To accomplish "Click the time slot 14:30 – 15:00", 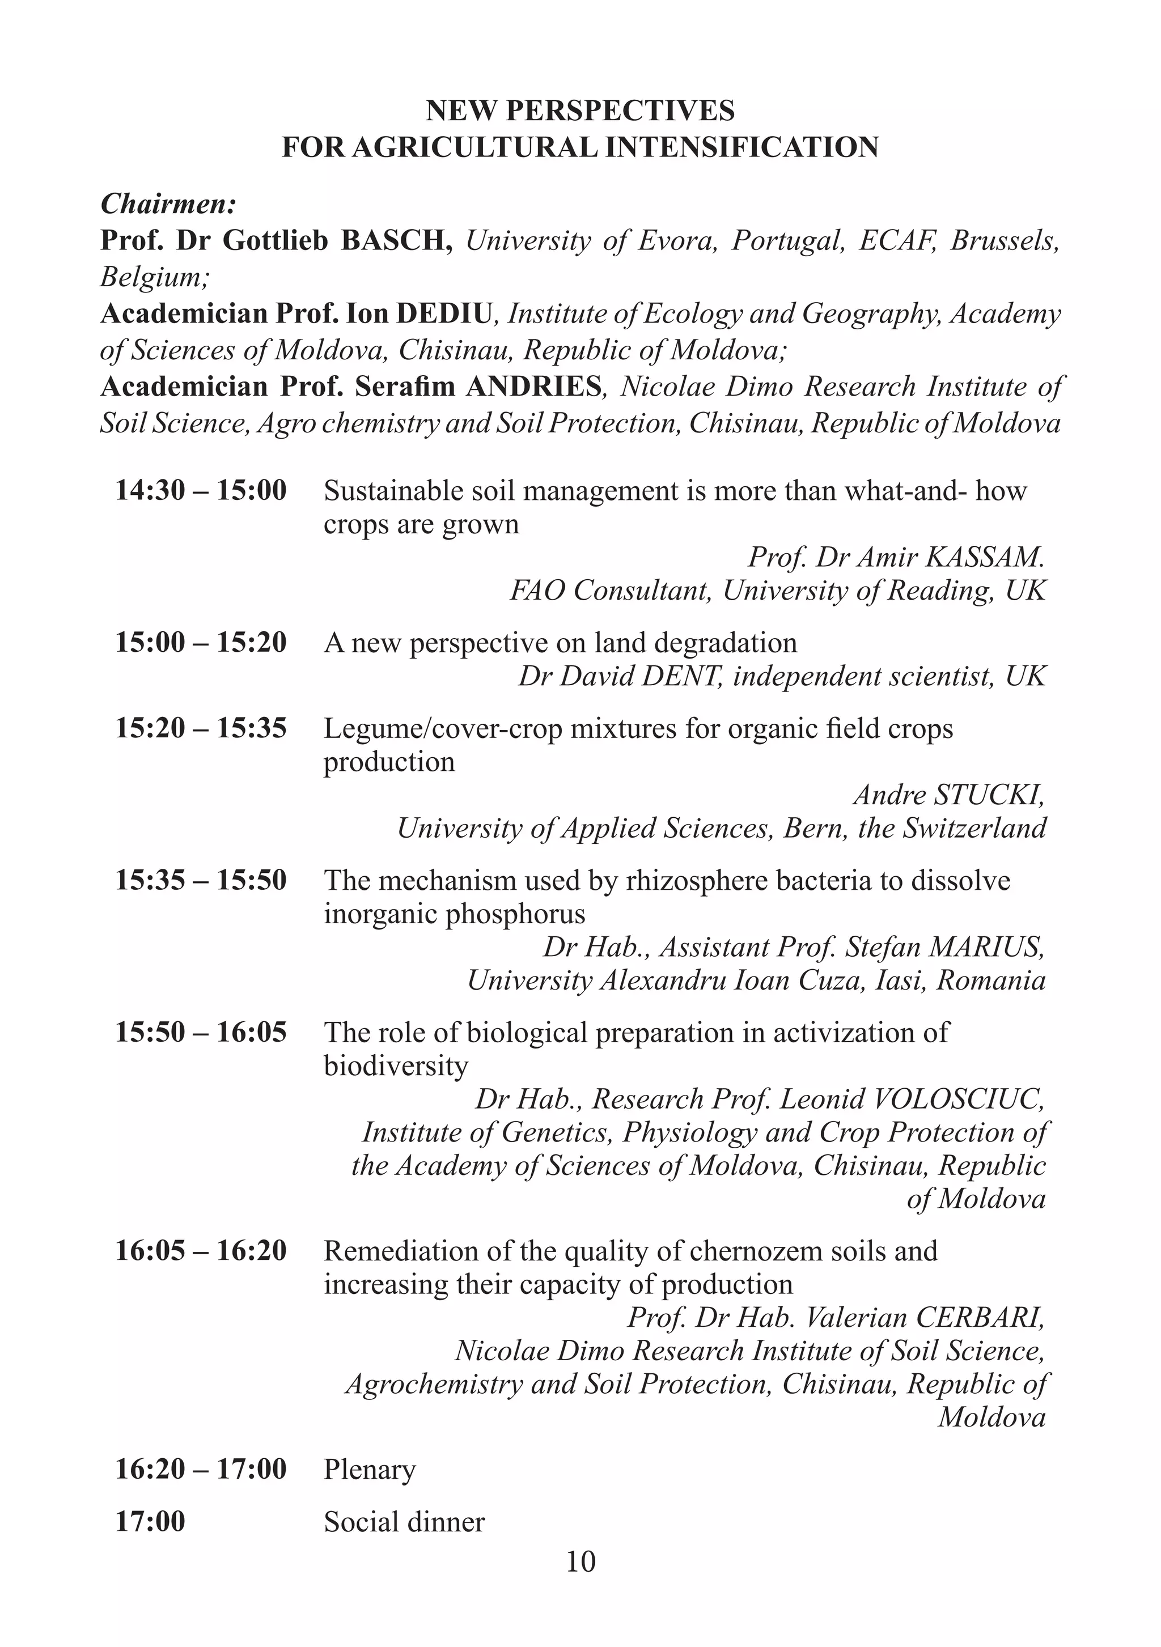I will [x=201, y=491].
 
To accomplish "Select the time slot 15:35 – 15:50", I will [x=201, y=880].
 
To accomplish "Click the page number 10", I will [x=580, y=1561].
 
